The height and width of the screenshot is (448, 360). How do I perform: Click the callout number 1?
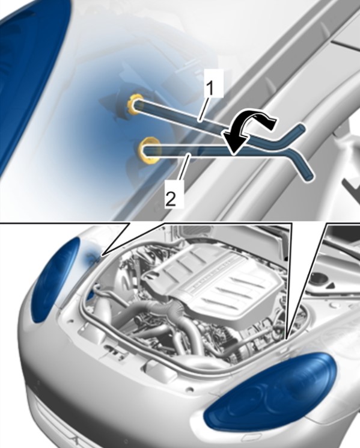pos(211,88)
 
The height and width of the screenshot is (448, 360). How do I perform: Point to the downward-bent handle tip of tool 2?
pos(310,176)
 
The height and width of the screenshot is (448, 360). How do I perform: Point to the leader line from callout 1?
pos(205,108)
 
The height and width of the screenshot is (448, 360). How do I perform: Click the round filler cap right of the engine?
pos(319,278)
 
